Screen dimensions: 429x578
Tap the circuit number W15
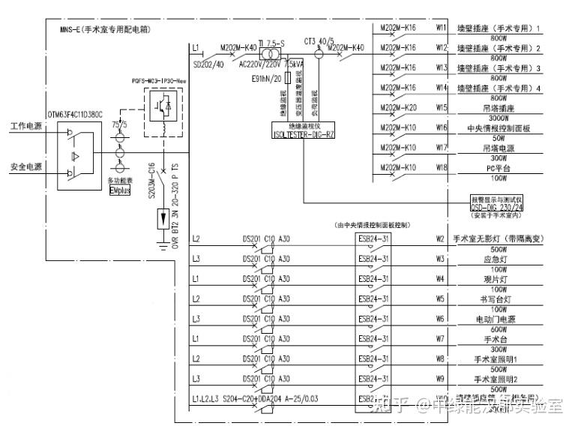[442, 108]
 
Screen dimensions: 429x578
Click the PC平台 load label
[496, 167]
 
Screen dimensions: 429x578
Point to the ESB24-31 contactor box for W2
[373, 241]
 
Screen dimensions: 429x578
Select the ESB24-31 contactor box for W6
[373, 319]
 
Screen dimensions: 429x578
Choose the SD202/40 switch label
[207, 64]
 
